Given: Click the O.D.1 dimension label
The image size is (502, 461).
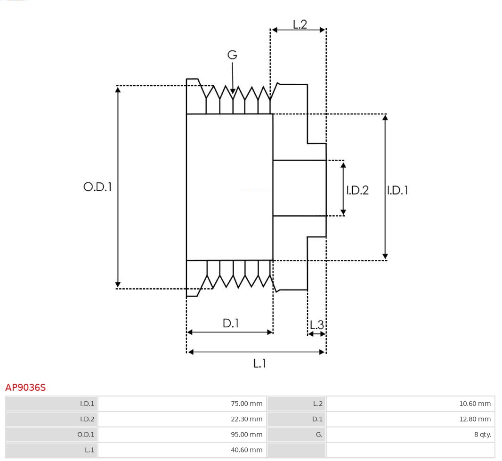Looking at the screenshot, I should [x=97, y=187].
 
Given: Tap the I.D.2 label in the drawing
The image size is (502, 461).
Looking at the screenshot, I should [x=357, y=190].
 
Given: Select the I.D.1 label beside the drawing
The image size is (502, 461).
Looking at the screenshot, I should [x=397, y=190].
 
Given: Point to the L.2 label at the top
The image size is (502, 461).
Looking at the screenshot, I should [x=300, y=24].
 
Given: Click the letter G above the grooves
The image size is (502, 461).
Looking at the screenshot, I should [x=232, y=55].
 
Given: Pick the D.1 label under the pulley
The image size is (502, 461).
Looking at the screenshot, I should [x=231, y=323].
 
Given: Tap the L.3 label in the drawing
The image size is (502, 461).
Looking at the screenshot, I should [x=317, y=325].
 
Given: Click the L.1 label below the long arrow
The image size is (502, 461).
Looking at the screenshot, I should [x=260, y=363].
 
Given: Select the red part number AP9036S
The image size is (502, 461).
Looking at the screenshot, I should [x=25, y=388].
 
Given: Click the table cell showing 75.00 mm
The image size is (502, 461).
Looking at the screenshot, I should [x=246, y=404].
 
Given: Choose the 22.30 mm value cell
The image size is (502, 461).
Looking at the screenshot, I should [x=246, y=419].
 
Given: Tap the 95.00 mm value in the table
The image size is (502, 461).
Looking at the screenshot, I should [x=246, y=435].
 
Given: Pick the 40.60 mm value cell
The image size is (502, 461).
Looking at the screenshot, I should [x=246, y=450].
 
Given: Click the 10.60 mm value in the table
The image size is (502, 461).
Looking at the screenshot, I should [x=475, y=404].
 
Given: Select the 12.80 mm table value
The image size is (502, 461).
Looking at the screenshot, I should [x=475, y=419].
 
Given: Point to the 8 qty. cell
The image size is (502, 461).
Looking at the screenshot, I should [x=482, y=435].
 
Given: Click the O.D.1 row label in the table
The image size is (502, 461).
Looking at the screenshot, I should [x=86, y=435].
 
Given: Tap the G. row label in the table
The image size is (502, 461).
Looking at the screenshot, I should [x=319, y=435].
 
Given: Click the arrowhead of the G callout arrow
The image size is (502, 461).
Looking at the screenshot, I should [x=233, y=91].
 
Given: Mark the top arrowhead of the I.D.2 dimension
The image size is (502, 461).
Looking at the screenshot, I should [x=343, y=164].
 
